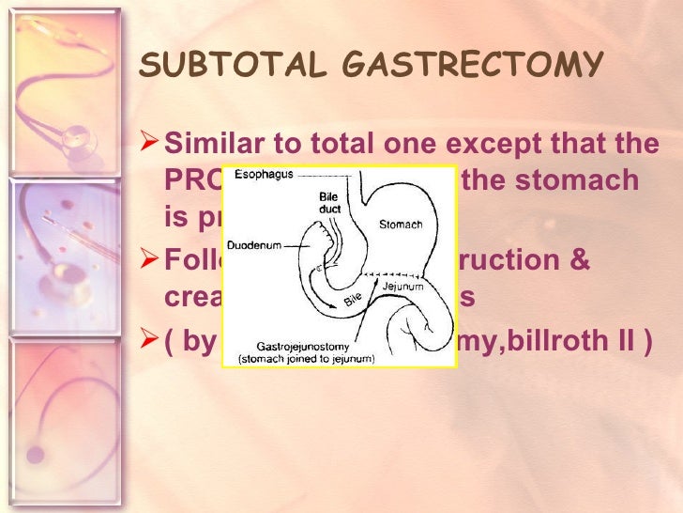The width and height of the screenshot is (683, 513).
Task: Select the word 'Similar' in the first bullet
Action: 209,146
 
